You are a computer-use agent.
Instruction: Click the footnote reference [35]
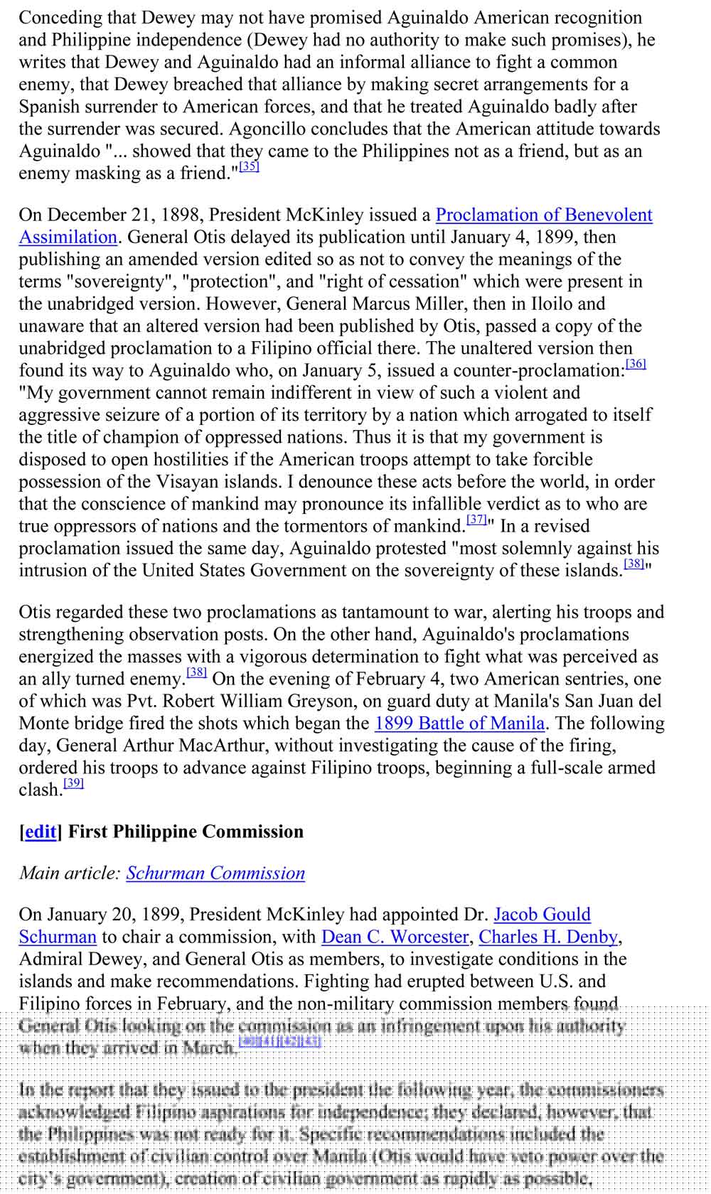pos(249,167)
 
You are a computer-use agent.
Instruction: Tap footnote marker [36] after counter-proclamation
pos(636,365)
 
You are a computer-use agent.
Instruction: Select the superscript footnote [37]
pos(476,520)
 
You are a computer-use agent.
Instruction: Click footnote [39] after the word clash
pos(73,783)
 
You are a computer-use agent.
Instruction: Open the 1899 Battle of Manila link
pos(459,724)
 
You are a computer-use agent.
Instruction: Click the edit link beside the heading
pos(41,832)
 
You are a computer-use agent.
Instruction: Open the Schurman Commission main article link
pos(215,873)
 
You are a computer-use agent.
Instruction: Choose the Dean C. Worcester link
pos(395,937)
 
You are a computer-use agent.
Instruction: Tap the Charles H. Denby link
pos(548,937)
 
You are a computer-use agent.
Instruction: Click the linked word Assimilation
pos(68,237)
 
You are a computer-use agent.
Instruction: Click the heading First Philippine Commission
pos(186,832)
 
